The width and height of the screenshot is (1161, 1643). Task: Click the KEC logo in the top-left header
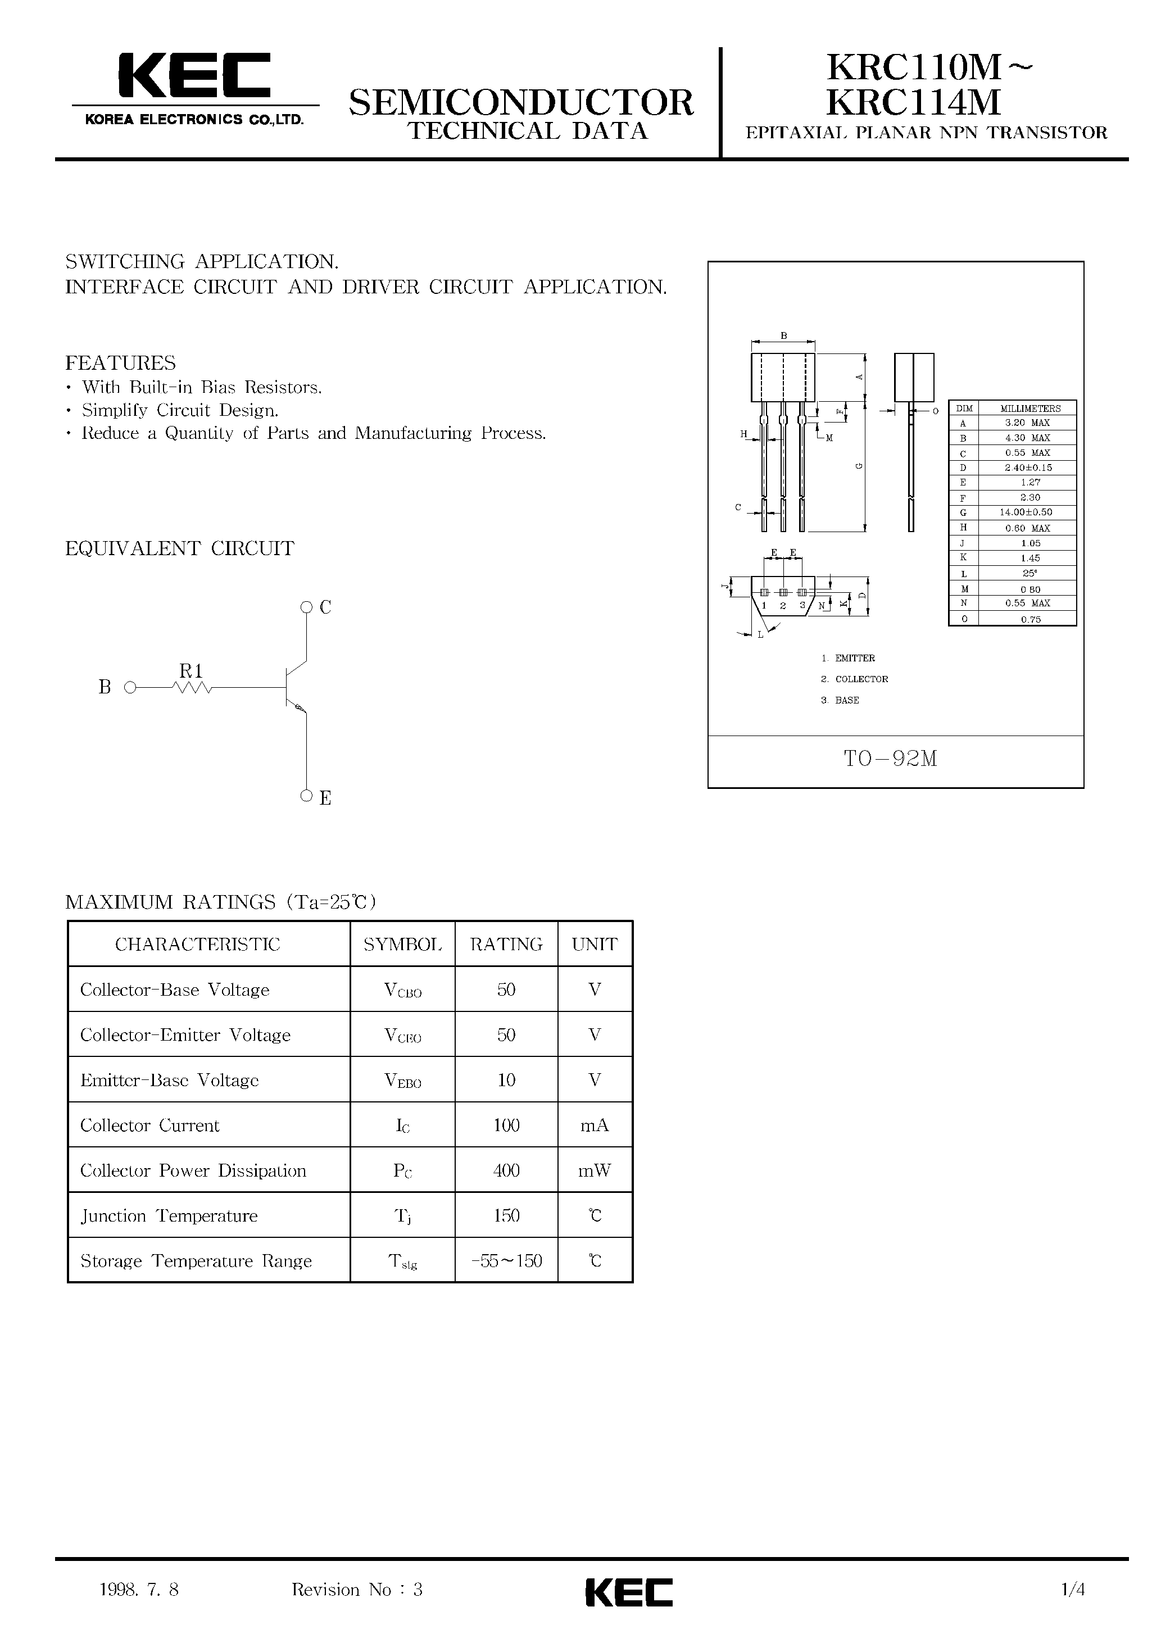[x=194, y=76]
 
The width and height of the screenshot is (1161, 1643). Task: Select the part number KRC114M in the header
[x=913, y=102]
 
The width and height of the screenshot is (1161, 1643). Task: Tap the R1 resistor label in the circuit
[x=191, y=670]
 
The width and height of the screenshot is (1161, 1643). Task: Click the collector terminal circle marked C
[x=306, y=607]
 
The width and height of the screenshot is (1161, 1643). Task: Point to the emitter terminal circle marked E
[x=306, y=795]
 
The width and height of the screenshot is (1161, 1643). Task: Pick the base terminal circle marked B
[x=130, y=688]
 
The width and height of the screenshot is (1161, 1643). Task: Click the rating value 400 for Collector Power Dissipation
[x=506, y=1170]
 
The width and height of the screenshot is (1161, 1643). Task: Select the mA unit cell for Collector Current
[x=594, y=1125]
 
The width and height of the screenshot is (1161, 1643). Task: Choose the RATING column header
[x=506, y=945]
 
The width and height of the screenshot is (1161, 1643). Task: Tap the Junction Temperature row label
[x=169, y=1216]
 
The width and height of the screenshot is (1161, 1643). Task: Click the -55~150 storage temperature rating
[x=506, y=1261]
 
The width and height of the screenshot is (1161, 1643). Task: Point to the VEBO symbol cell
[x=402, y=1081]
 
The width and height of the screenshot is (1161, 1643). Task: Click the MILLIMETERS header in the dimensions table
[x=1030, y=409]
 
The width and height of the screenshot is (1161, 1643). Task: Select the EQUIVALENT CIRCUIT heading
[x=180, y=549]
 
